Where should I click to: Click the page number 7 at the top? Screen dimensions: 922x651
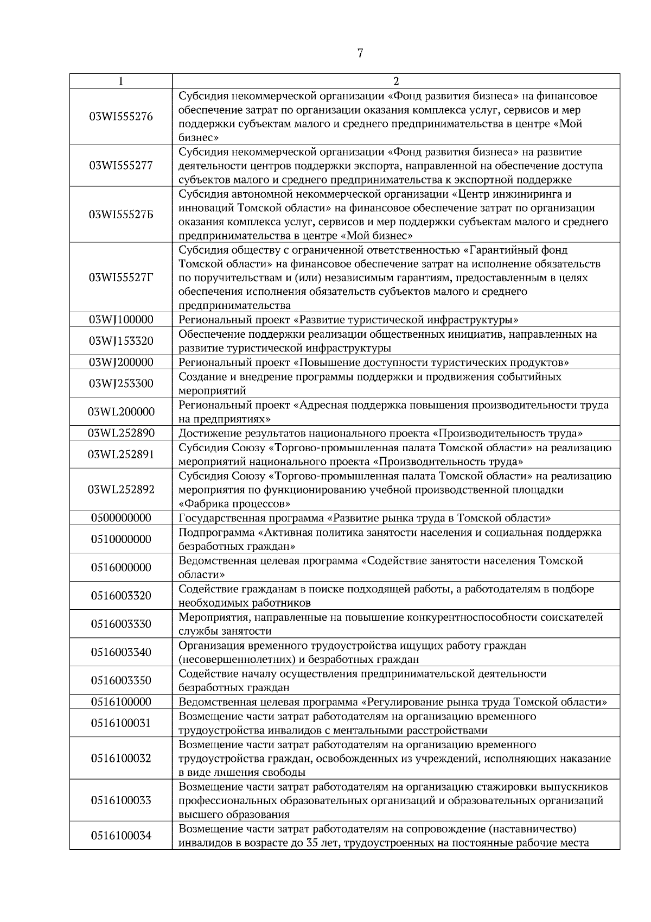[360, 53]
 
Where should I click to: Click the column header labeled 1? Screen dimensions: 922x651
[120, 81]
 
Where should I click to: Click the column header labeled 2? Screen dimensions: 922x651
[396, 81]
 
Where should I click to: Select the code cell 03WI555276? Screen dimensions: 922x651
[121, 117]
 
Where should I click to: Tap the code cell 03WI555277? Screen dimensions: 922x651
[121, 166]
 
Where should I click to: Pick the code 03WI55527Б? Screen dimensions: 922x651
[121, 214]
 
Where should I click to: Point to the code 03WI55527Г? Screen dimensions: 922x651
[121, 277]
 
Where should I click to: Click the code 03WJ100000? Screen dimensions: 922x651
[121, 320]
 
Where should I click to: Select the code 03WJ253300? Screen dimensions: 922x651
[121, 383]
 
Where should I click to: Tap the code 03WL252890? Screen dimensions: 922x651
[121, 433]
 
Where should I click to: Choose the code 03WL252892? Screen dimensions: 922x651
[121, 489]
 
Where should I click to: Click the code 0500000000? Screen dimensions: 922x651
[121, 517]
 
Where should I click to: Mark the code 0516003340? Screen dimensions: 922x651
[121, 652]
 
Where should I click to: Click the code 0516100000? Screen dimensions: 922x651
[121, 702]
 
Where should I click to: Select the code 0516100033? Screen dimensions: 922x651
[121, 800]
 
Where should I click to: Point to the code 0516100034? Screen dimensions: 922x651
[121, 836]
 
